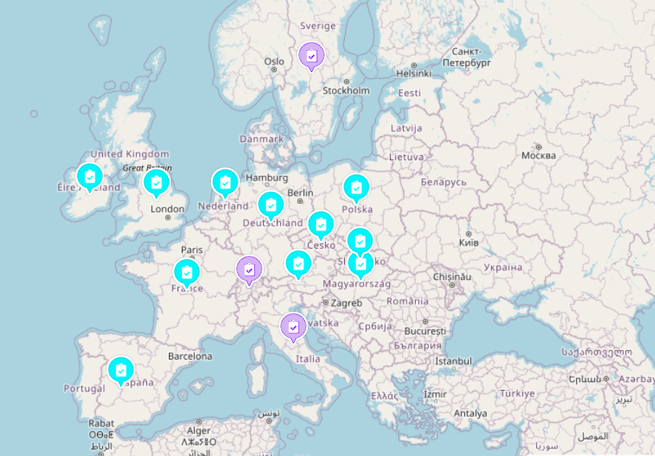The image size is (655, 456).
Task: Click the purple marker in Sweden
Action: (312, 55)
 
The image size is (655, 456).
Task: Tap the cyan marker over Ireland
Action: (90, 176)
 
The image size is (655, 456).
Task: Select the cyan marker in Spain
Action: (121, 370)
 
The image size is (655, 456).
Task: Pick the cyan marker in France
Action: (187, 273)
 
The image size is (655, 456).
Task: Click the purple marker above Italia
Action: (293, 327)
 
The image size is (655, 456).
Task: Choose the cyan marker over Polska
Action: (356, 188)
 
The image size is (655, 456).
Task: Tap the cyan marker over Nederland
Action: (225, 182)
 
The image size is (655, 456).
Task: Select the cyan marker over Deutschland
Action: (271, 205)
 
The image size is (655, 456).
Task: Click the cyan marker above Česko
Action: (320, 224)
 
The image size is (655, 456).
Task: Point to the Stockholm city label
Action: (346, 91)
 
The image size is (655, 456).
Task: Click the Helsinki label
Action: (414, 73)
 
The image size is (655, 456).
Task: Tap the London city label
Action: (167, 210)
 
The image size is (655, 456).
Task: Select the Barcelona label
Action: (190, 357)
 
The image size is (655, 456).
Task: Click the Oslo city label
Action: (274, 62)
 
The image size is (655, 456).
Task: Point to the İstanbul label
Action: (454, 361)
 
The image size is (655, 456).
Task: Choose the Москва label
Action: (538, 155)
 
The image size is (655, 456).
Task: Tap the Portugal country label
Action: (84, 389)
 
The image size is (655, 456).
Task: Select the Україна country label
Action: (502, 268)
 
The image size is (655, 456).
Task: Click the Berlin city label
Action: (300, 193)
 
